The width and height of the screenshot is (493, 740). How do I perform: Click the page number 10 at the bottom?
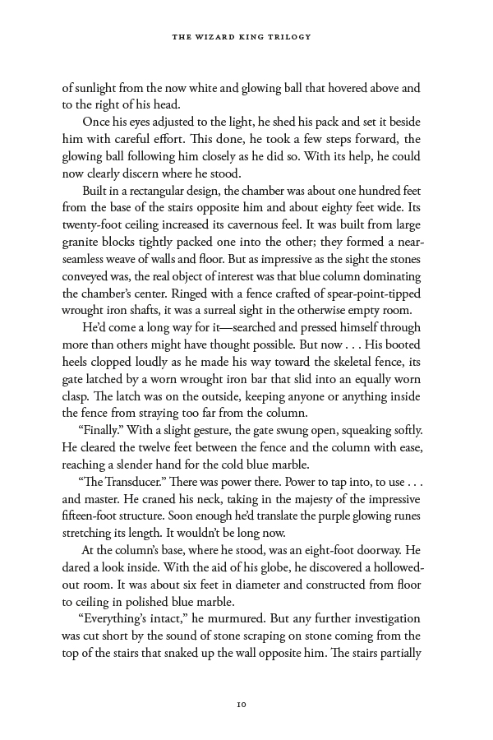[x=242, y=704]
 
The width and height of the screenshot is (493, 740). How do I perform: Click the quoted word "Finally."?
[x=99, y=431]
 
